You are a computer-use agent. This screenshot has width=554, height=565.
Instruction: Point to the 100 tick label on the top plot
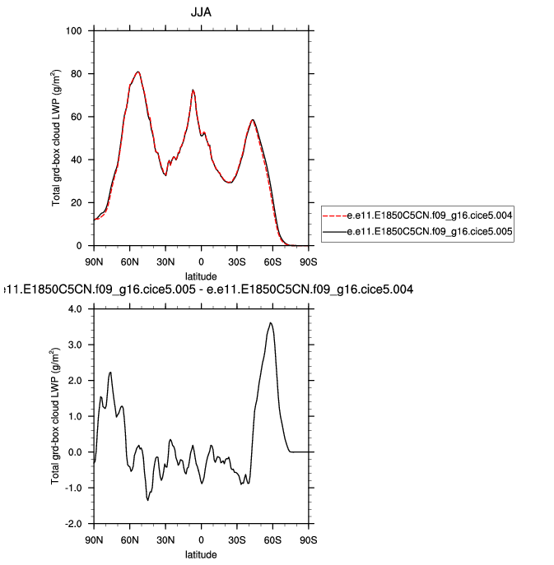pyautogui.click(x=74, y=31)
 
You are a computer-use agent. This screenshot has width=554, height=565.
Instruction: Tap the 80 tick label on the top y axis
pyautogui.click(x=77, y=74)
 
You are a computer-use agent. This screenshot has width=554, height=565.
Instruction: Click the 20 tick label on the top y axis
pyautogui.click(x=77, y=203)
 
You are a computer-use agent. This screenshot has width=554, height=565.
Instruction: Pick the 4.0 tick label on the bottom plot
pyautogui.click(x=76, y=309)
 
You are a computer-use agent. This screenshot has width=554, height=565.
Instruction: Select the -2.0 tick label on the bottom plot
pyautogui.click(x=74, y=524)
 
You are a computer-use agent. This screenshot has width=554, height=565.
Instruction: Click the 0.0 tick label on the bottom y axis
pyautogui.click(x=76, y=452)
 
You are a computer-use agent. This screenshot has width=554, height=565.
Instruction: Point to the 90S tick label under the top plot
pyautogui.click(x=309, y=262)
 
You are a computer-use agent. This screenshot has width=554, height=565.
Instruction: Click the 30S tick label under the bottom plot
pyautogui.click(x=237, y=540)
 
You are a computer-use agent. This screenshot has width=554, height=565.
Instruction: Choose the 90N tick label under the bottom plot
pyautogui.click(x=94, y=540)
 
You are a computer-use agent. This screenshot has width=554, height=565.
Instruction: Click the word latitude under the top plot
pyautogui.click(x=202, y=276)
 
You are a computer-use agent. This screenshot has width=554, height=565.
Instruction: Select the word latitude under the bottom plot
pyautogui.click(x=202, y=554)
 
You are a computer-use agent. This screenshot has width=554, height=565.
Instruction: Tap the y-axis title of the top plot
pyautogui.click(x=56, y=138)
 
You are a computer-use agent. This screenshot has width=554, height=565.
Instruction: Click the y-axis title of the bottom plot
pyautogui.click(x=56, y=416)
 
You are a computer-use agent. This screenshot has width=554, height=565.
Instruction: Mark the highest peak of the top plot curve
pyautogui.click(x=137, y=72)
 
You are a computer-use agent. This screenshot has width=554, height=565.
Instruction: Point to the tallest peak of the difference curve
pyautogui.click(x=271, y=323)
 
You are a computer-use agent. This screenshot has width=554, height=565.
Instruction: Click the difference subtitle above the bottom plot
pyautogui.click(x=208, y=289)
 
